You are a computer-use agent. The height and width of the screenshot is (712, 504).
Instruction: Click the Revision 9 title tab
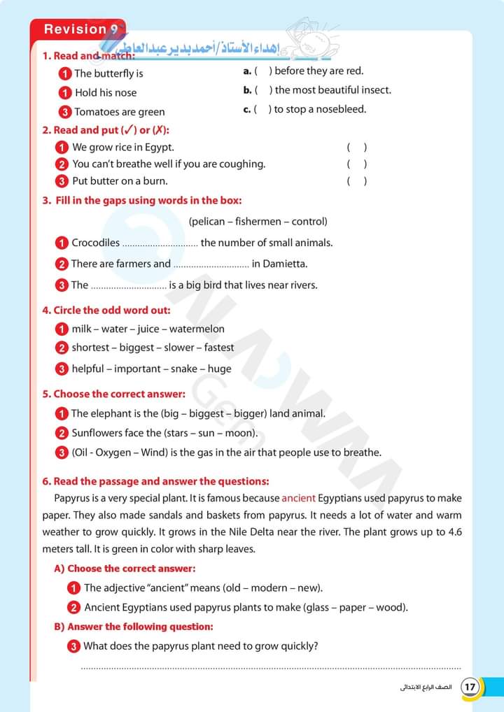point(77,29)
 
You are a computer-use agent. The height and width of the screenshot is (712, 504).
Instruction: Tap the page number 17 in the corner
point(470,686)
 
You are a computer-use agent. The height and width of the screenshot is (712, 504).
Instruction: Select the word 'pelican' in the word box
point(208,222)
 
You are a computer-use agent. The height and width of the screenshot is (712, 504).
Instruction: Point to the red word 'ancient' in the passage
point(298,499)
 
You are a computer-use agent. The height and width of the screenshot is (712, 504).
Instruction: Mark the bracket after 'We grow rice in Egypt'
point(356,148)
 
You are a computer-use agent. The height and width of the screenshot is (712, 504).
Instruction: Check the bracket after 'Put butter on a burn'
point(356,181)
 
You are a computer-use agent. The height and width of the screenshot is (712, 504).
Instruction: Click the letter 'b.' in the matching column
point(247,90)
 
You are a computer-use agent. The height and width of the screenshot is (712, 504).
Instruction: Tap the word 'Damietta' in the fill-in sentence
point(285,264)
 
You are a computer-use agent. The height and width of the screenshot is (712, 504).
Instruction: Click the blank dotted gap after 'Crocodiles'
point(160,244)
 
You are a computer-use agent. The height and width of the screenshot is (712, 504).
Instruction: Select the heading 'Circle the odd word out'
point(111,310)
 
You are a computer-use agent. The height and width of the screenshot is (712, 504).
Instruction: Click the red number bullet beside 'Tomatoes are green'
point(64,112)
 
